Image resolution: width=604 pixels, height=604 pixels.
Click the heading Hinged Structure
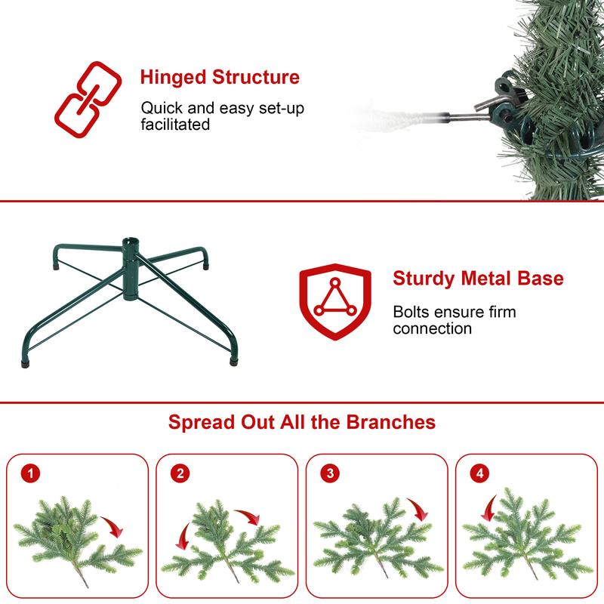(x=220, y=78)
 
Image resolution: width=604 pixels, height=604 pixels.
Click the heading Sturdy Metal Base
(x=478, y=279)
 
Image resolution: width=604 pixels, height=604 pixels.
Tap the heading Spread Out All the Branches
(x=302, y=421)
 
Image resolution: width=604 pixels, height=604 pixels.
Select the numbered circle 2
(x=179, y=474)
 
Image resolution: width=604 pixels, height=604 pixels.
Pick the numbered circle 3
(x=328, y=474)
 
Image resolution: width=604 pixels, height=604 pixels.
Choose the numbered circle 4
(x=478, y=474)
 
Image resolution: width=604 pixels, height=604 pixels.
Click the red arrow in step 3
(x=417, y=510)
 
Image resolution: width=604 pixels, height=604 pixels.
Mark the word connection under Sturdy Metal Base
(x=432, y=328)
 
